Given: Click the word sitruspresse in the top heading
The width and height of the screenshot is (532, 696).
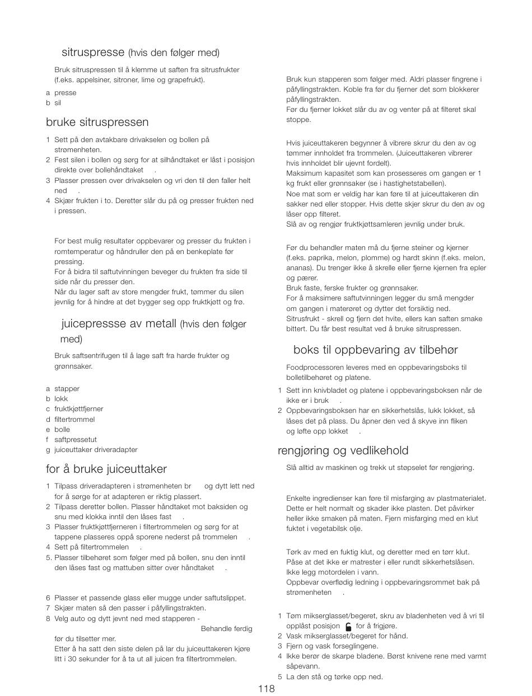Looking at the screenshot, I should (92, 53).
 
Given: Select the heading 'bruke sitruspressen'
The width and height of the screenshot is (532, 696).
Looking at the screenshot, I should (97, 122).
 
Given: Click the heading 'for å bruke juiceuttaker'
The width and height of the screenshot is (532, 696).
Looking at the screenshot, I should (106, 469).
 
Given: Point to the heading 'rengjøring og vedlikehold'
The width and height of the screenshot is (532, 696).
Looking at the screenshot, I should (343, 450).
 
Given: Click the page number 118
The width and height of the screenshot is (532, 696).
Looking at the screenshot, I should (267, 689).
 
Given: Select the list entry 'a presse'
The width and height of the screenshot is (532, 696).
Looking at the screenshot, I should (62, 93).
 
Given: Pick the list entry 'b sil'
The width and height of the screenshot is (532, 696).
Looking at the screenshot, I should (54, 103).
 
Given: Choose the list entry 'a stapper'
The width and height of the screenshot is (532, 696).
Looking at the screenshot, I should (63, 389).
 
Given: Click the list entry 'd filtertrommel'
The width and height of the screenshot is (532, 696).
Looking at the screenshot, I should (71, 419).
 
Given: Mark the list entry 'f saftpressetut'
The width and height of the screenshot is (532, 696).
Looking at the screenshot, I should (71, 440).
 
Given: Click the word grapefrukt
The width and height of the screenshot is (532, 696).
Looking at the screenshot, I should (185, 80).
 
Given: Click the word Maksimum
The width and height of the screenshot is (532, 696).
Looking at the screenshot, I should (303, 173).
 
